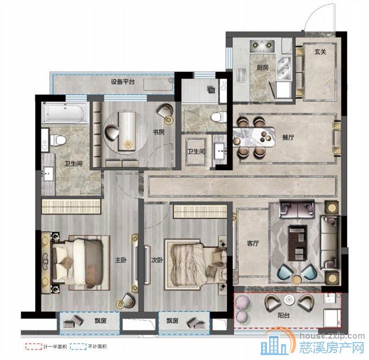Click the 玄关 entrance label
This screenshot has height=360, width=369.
click(320, 52)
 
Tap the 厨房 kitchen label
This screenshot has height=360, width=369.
click(263, 67)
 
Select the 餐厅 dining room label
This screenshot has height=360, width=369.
click(288, 137)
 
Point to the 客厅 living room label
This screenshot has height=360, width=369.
click(253, 243)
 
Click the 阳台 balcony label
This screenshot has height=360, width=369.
click(284, 315)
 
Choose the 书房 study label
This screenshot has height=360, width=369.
click(158, 132)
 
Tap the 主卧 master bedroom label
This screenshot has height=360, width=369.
click(120, 260)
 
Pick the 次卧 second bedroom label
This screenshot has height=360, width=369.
click(157, 260)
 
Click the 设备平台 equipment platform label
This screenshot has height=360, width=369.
click(123, 82)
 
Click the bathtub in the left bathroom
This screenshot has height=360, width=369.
click(63, 113)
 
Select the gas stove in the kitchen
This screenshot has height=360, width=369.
click(262, 46)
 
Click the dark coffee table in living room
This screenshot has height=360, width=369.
click(297, 243)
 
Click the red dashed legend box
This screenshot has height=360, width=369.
click(34, 346)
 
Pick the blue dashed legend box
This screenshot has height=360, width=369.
click(78, 346)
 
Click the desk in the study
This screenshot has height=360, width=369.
click(127, 131)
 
